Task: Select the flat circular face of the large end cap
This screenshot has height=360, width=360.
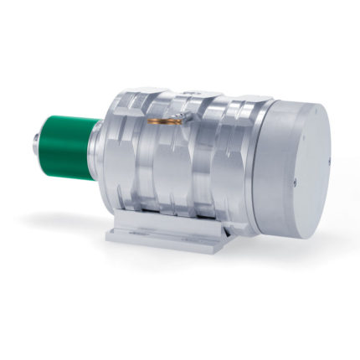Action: click(311, 167)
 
